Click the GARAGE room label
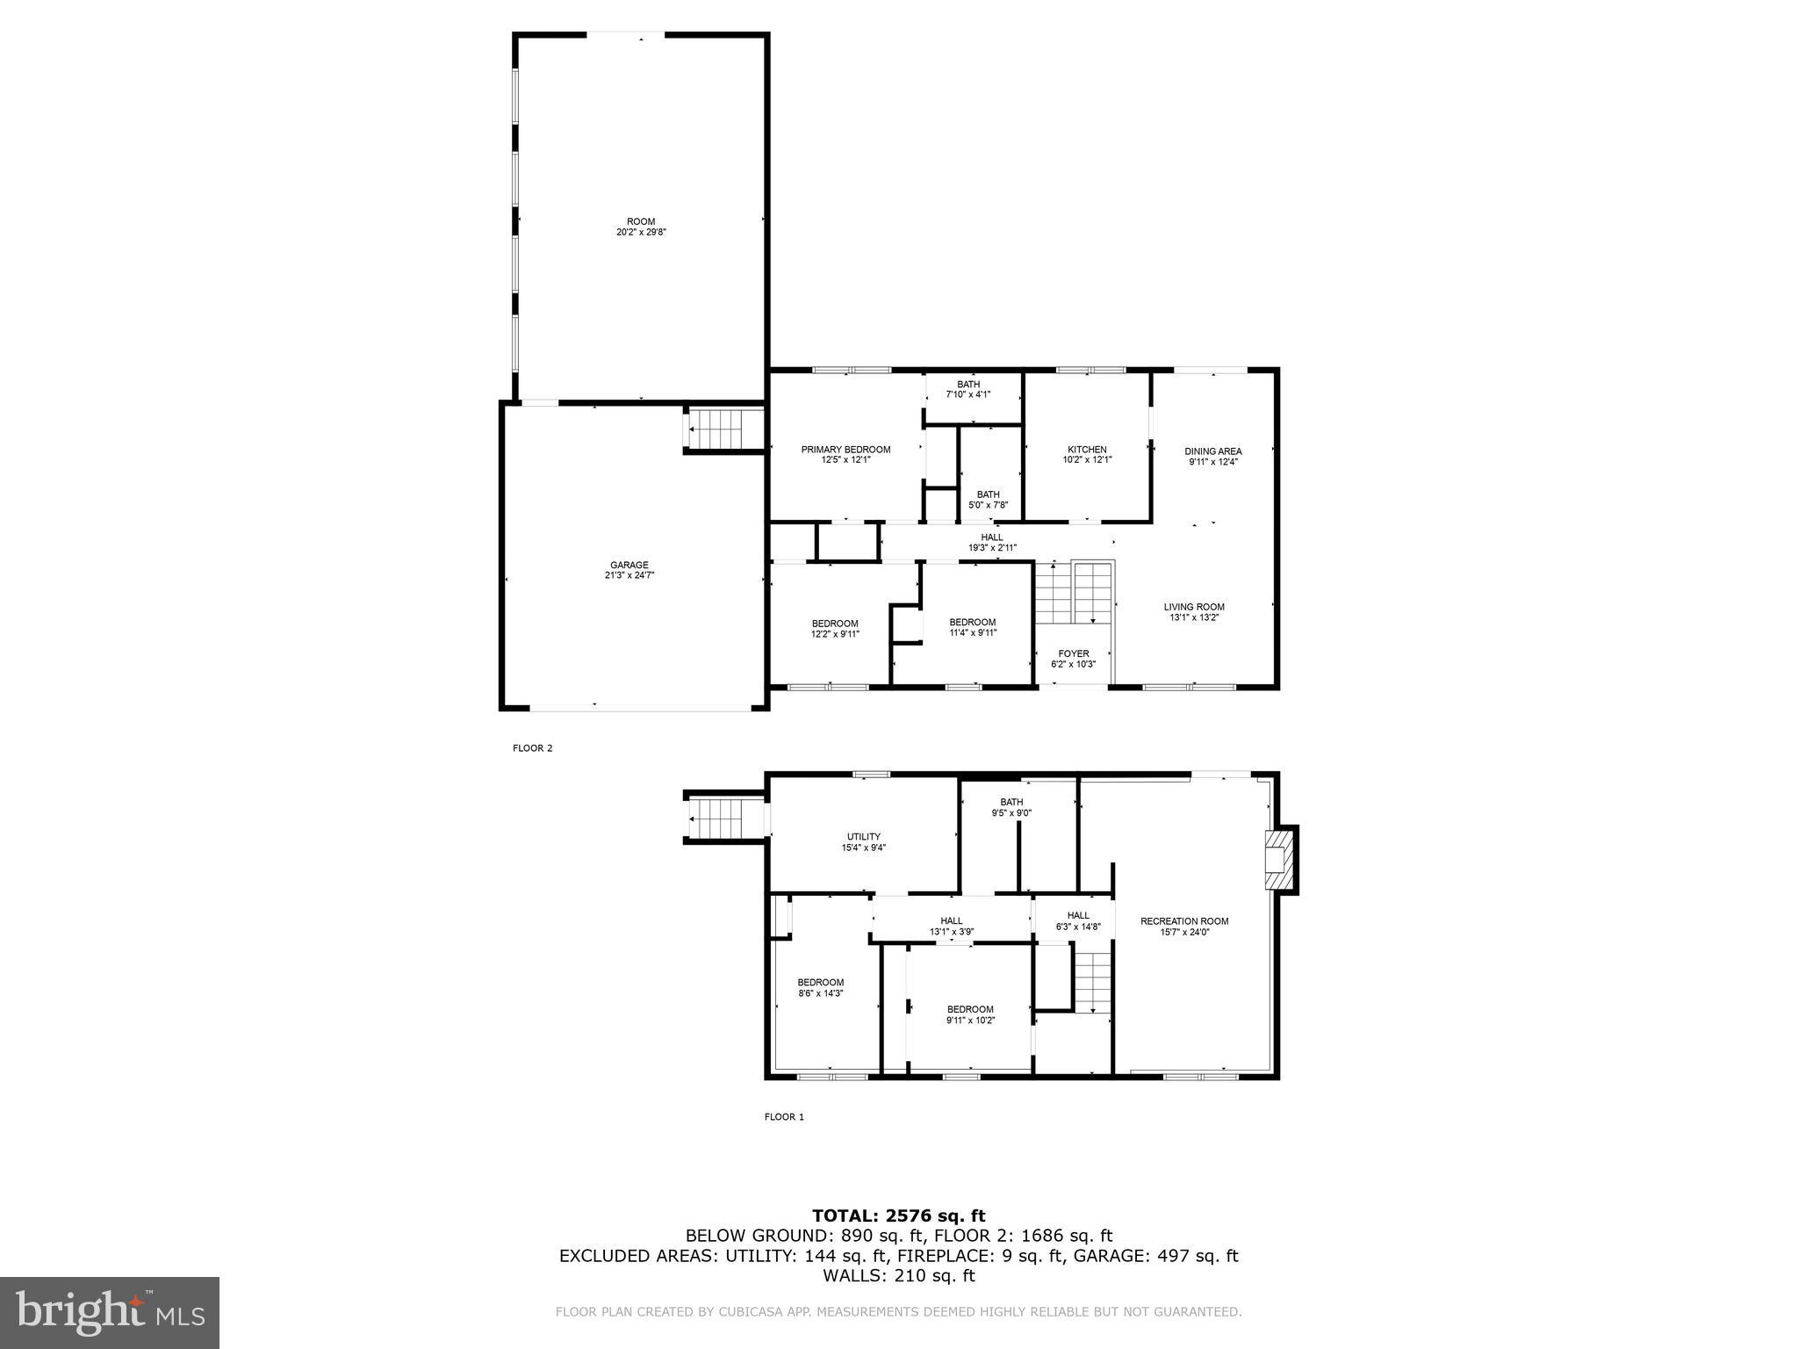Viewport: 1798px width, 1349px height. pos(629,565)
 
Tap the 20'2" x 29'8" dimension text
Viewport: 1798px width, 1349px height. pos(641,233)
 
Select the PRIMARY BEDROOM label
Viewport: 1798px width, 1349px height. pos(845,449)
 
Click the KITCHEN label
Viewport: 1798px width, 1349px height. pos(1087,449)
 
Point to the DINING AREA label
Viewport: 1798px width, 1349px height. pos(1213,451)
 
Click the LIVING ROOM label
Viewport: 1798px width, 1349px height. pos(1194,607)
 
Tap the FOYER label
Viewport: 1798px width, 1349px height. pos(1073,653)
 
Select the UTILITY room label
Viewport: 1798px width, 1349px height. pos(864,836)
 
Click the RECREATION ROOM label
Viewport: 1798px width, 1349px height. pos(1184,921)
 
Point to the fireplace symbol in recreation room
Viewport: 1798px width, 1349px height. pos(1280,860)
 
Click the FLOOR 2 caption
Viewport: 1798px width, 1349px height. pos(533,748)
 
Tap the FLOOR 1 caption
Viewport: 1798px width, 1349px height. pos(784,1117)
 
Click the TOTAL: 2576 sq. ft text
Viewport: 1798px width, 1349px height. pos(898,1216)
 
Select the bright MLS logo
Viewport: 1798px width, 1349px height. pos(110,1312)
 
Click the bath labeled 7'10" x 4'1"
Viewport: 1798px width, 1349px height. pos(968,389)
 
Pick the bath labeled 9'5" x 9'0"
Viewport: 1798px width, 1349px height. pos(1011,807)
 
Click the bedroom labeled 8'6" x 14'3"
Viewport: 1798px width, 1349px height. pos(821,987)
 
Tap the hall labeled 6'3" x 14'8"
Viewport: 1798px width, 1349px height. pos(1078,920)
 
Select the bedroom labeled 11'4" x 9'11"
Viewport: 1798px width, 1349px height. pos(973,627)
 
